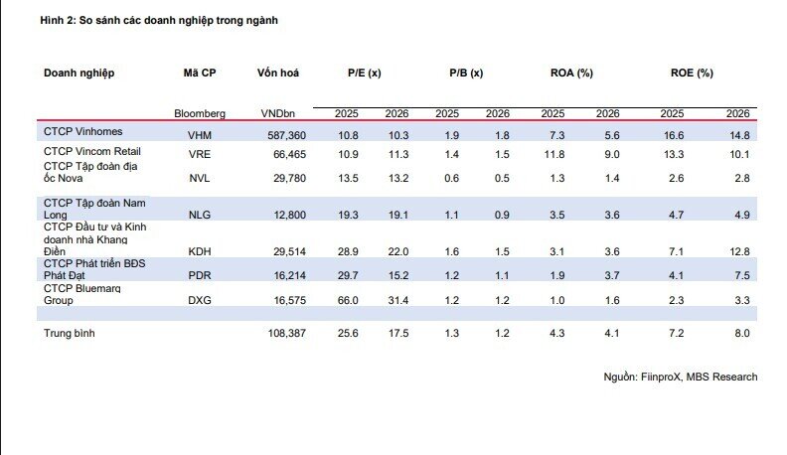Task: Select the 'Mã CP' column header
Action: [x=200, y=73]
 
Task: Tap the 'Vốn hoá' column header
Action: [x=278, y=73]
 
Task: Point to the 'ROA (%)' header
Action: [x=571, y=73]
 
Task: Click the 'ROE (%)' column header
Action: [x=692, y=73]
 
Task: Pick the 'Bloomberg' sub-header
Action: [x=200, y=114]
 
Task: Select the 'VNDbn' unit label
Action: [x=278, y=114]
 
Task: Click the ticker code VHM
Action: [x=200, y=135]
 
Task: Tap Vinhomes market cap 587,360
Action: [x=286, y=135]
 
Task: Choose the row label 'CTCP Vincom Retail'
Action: [x=92, y=151]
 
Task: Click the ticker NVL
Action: [x=200, y=178]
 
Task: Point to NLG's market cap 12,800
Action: [x=289, y=215]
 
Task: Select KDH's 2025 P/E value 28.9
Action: [x=348, y=251]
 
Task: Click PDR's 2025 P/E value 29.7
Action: [x=348, y=275]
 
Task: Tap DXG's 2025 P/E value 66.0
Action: [x=348, y=300]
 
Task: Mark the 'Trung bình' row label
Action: [x=70, y=333]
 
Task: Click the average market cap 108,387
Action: [x=286, y=333]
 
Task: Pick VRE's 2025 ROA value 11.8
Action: [x=554, y=154]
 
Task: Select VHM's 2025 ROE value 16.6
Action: [x=674, y=135]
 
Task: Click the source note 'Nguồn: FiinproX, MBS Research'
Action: [x=681, y=377]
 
